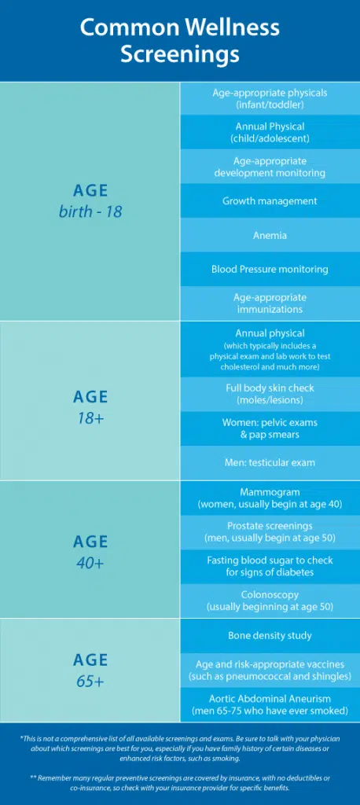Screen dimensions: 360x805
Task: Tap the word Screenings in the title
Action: coord(180,54)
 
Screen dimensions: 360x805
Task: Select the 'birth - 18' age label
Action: coord(90,211)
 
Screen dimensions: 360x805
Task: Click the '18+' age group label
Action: coord(90,417)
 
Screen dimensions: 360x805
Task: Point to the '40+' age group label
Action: coord(90,562)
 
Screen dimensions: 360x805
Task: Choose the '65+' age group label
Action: coord(90,682)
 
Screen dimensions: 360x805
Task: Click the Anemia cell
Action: coord(270,235)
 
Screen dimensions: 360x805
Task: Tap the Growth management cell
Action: coord(270,200)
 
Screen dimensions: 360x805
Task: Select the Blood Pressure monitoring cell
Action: coord(270,269)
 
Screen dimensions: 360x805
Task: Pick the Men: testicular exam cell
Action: coord(270,462)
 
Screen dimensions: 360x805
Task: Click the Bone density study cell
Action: coord(270,635)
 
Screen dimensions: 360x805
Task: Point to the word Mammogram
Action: coord(270,492)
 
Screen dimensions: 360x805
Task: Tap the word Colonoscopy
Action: coord(270,594)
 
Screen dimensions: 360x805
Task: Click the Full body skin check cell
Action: coord(270,395)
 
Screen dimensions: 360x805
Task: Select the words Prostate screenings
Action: coord(270,526)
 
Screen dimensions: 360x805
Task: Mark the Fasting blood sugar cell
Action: coord(270,566)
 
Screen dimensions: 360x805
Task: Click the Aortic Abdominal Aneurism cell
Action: coord(270,705)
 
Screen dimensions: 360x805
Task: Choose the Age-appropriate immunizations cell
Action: coord(270,303)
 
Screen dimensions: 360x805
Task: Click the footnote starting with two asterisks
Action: coord(180,782)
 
